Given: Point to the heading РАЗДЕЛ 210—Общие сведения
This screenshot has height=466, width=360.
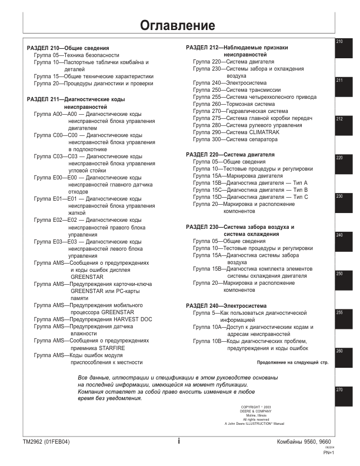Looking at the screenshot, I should tap(68, 48).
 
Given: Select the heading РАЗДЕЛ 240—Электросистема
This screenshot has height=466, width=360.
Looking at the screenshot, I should tap(226, 306).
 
